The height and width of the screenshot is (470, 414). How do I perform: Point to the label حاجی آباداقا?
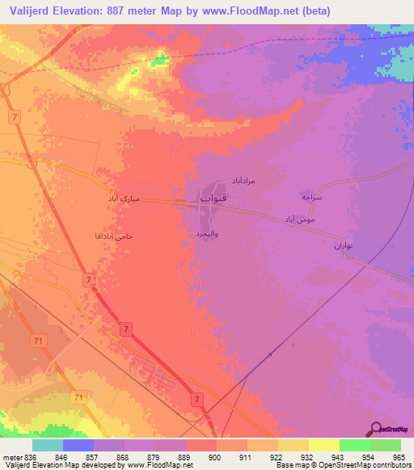[x=112, y=237]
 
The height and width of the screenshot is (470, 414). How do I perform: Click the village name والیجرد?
[x=207, y=233]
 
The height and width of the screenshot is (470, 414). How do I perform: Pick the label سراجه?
[x=313, y=196]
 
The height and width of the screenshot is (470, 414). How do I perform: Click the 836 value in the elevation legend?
[x=30, y=456]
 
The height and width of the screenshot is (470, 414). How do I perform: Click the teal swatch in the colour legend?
[x=48, y=445]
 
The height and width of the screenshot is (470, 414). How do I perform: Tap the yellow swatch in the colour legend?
[x=323, y=445]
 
